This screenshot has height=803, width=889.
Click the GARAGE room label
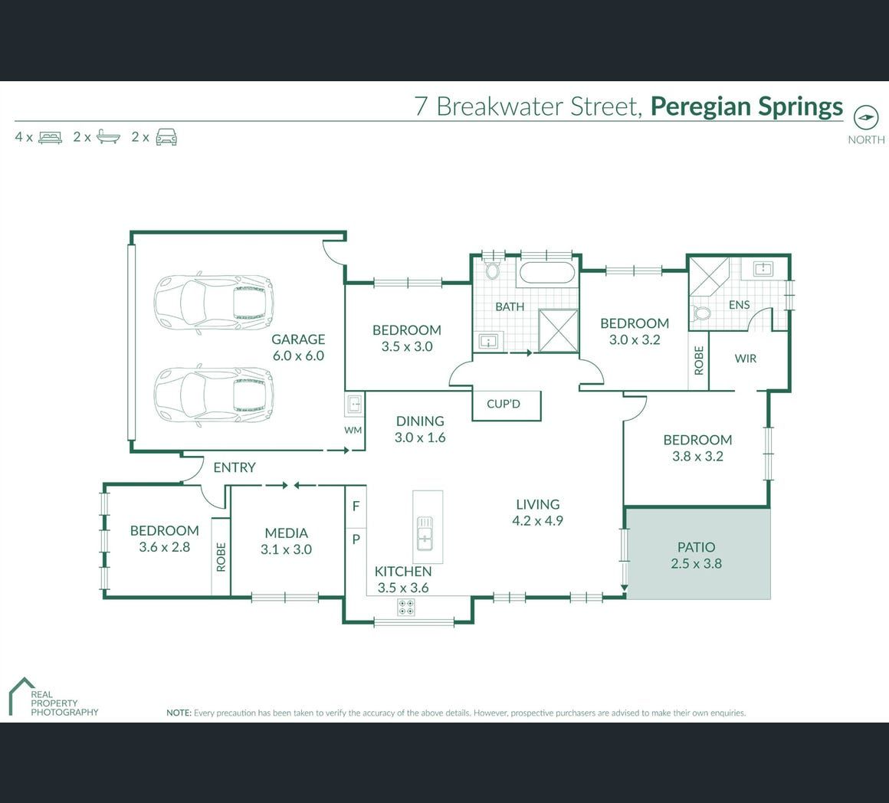click(x=298, y=339)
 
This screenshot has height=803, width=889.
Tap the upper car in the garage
click(x=213, y=302)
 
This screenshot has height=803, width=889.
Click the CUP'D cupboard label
click(x=504, y=404)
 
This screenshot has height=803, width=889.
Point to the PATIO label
click(x=696, y=547)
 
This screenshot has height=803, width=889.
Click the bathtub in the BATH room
click(x=547, y=273)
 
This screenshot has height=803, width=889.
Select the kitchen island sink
click(x=425, y=533)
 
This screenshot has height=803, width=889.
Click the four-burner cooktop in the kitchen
click(x=406, y=608)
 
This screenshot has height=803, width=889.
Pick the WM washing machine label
click(x=353, y=430)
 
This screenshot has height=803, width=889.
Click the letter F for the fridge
click(x=356, y=506)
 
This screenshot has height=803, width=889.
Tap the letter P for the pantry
click(x=356, y=539)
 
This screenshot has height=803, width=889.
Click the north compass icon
click(x=866, y=118)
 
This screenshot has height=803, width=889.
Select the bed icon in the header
click(x=50, y=137)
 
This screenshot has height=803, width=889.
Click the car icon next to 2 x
click(x=166, y=137)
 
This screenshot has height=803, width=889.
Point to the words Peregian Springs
click(x=746, y=107)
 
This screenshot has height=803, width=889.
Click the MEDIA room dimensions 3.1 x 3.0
click(x=287, y=549)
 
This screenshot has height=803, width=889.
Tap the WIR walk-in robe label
click(x=746, y=359)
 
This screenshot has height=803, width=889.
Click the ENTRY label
click(x=235, y=467)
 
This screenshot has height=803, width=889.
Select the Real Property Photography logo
click(x=54, y=697)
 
